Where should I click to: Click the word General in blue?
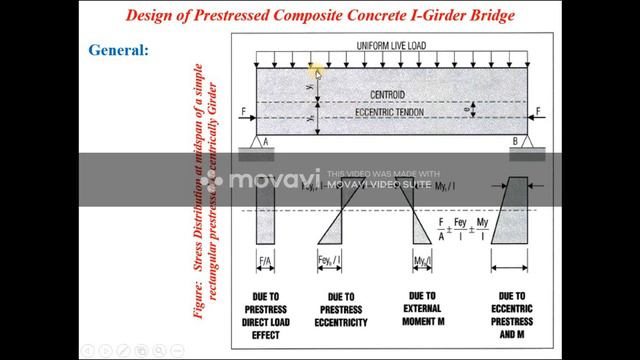(118, 49)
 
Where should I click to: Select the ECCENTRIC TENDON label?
(397, 113)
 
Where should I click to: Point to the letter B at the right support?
(515, 142)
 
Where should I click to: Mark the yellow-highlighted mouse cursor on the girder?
(315, 71)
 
